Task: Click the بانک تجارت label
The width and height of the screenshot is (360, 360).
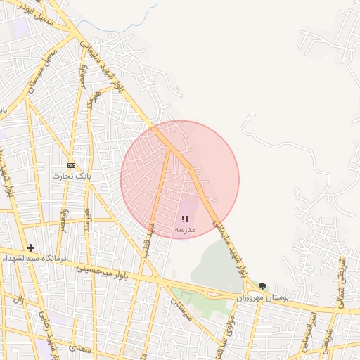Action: tap(67, 176)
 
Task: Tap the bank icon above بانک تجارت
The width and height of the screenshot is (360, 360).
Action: tap(71, 165)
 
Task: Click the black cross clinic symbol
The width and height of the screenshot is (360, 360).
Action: tap(30, 247)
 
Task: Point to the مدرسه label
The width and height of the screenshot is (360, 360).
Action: tap(184, 230)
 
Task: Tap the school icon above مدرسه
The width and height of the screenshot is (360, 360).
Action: tap(185, 219)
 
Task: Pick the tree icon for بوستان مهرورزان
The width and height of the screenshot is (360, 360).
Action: tap(262, 286)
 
